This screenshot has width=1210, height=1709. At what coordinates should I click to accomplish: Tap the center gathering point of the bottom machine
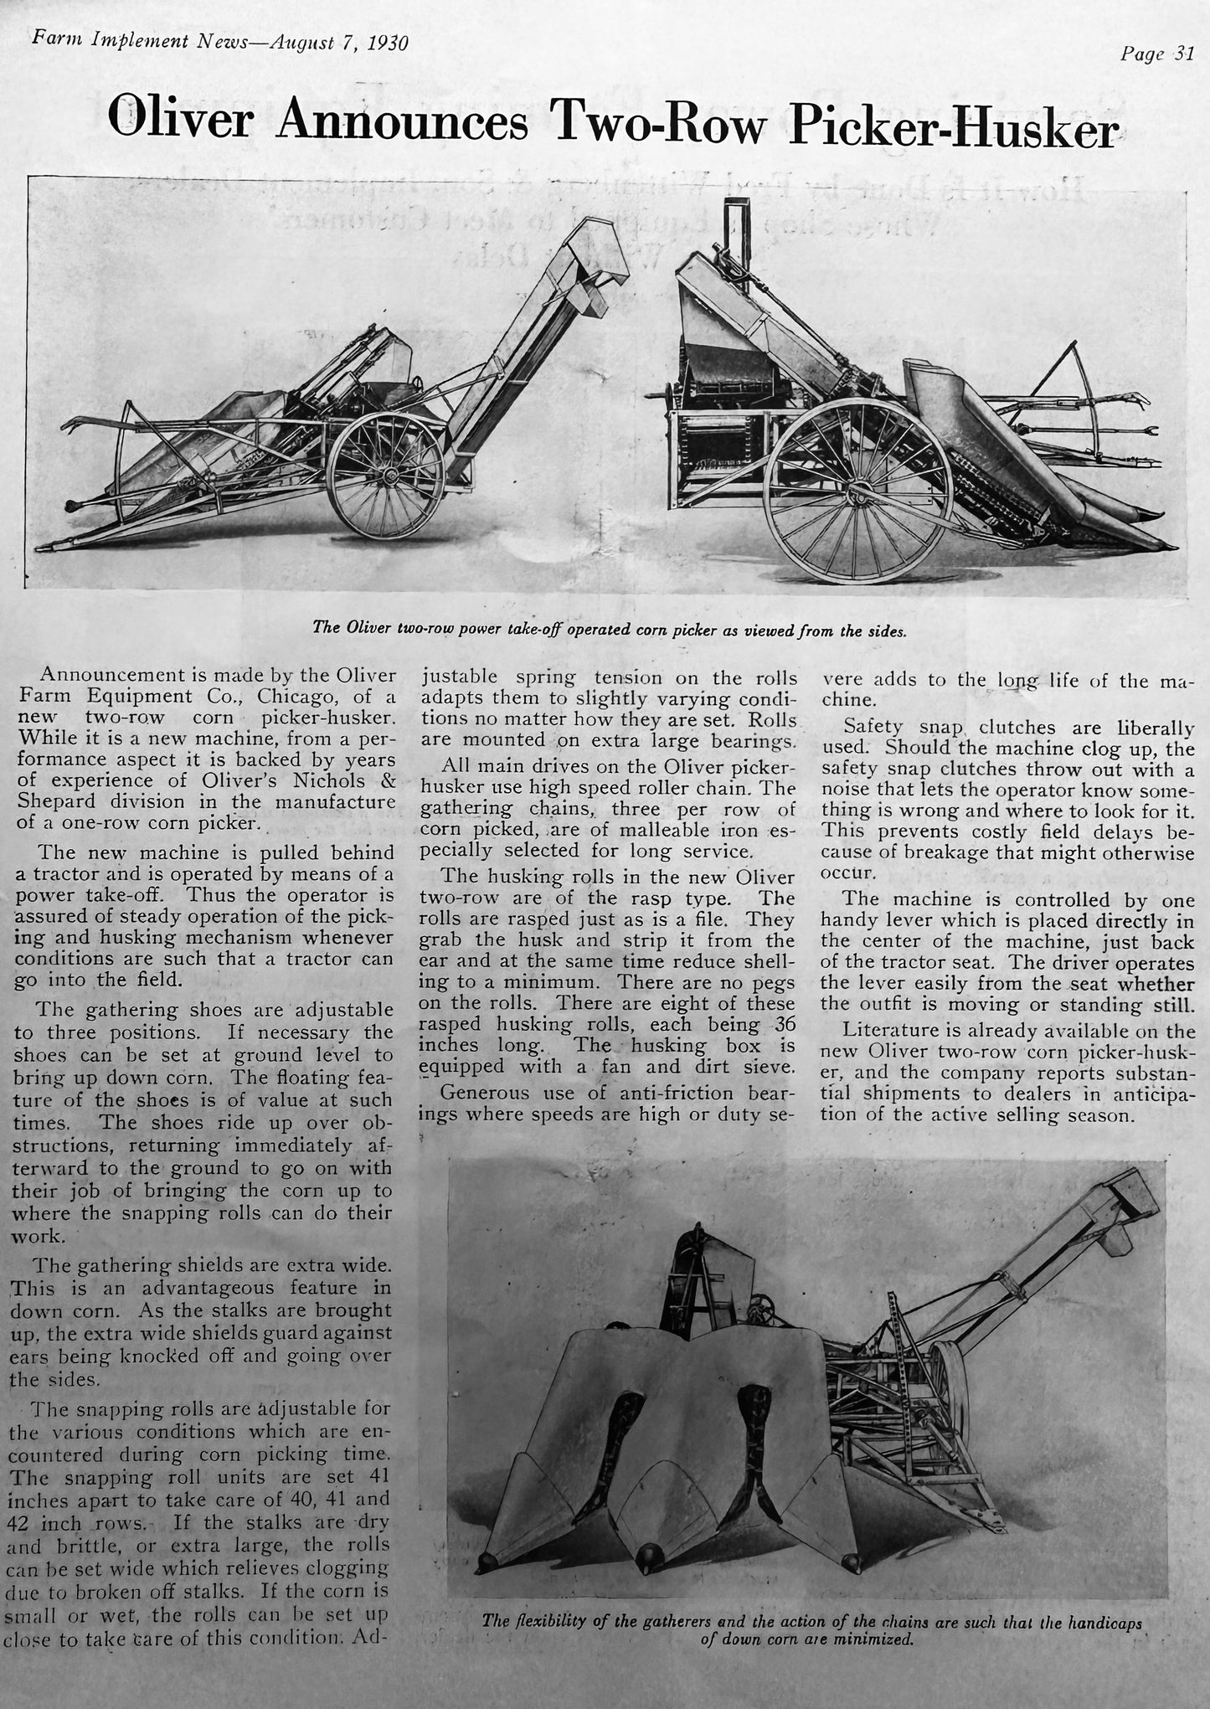(x=647, y=1555)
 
